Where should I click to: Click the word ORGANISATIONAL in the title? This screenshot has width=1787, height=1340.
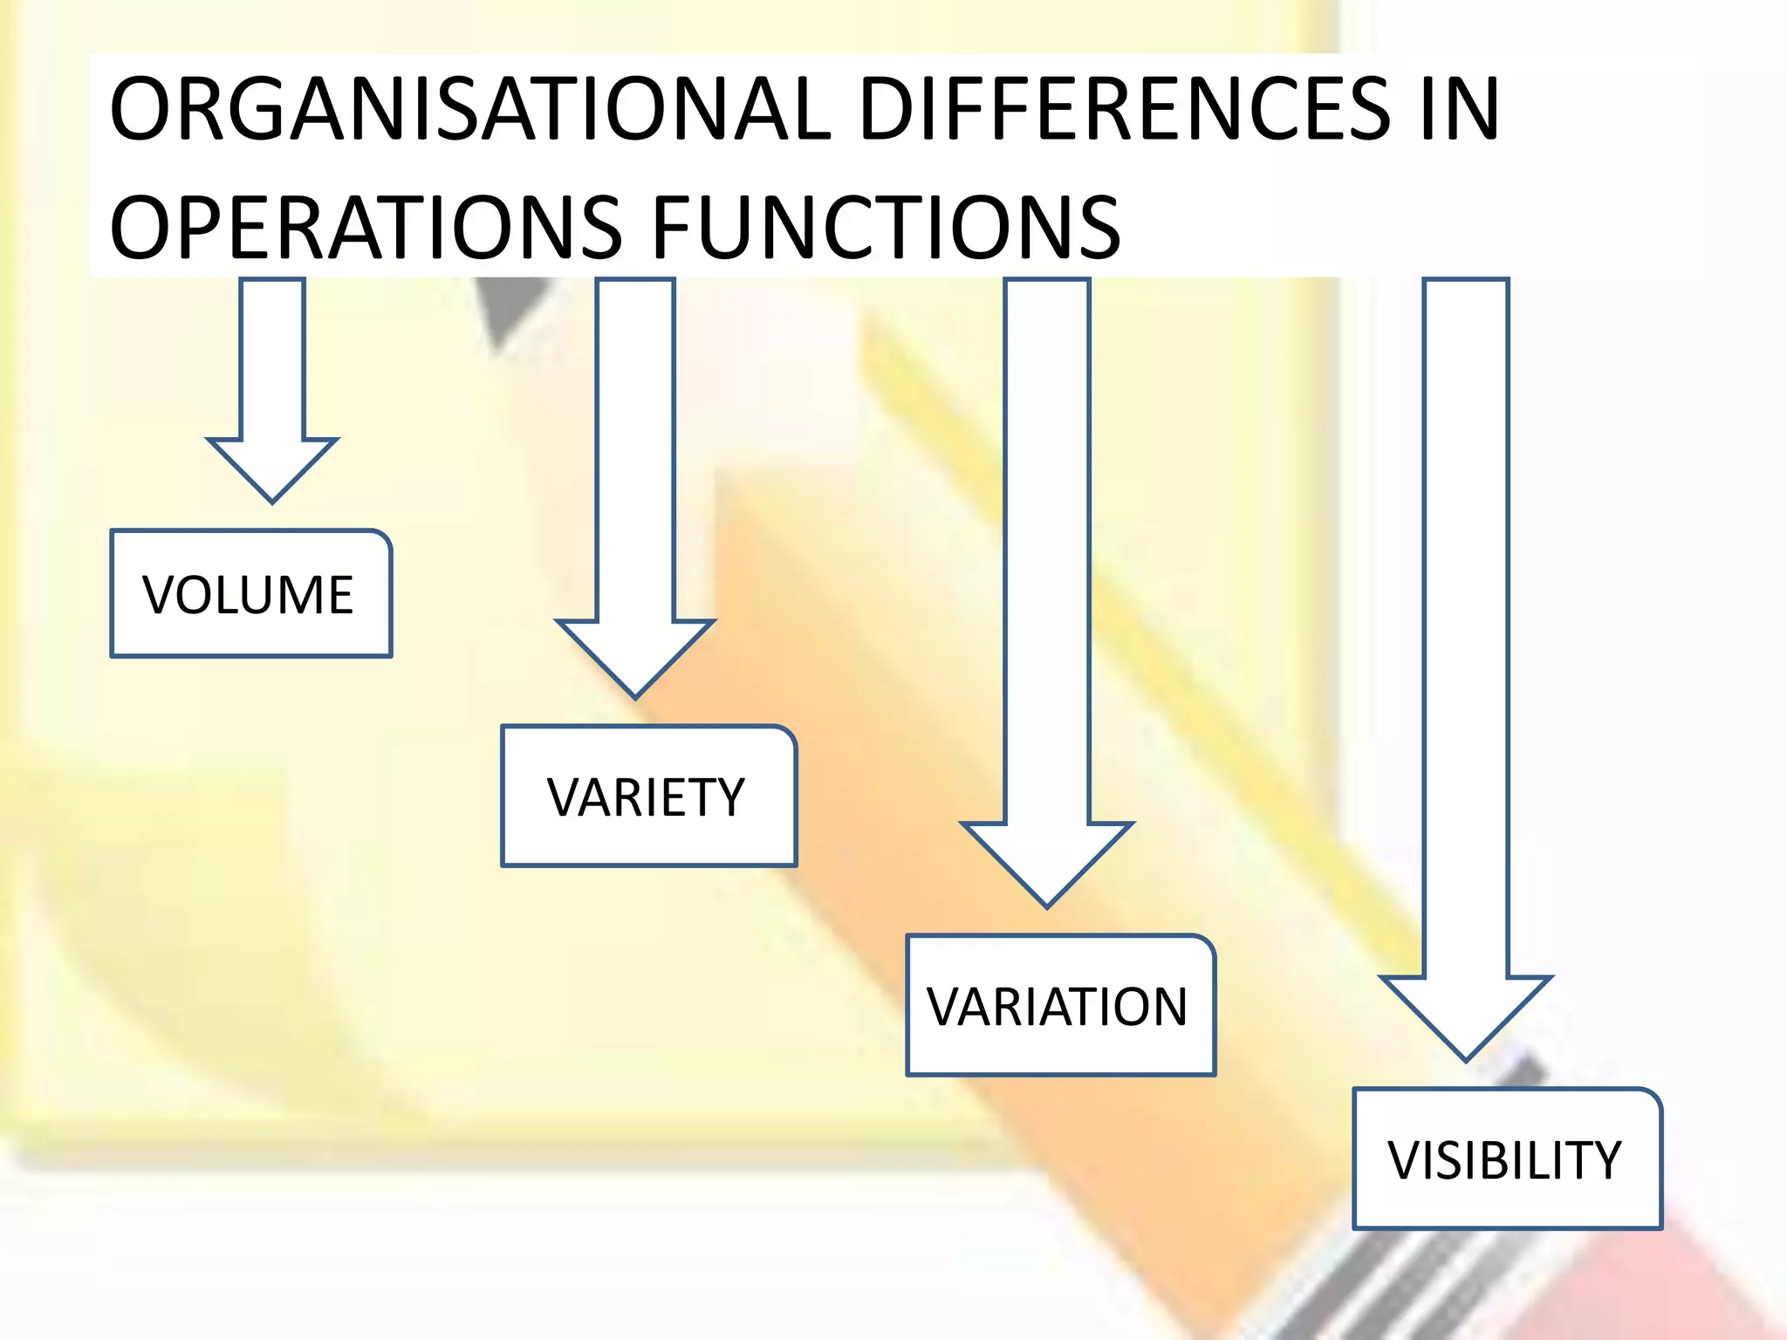tap(470, 109)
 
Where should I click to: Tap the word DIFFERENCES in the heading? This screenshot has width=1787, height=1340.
tap(1125, 109)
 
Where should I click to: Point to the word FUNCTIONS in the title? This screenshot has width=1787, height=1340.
tap(886, 228)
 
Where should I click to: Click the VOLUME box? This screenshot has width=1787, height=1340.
tap(251, 593)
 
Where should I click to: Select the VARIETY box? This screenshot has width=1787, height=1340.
tap(648, 796)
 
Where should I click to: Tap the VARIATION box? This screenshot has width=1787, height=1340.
tap(1060, 1005)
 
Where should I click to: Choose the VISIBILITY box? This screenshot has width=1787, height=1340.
tap(1507, 1159)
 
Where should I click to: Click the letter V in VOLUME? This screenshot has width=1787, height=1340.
tap(161, 595)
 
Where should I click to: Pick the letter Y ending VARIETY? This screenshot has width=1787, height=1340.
tap(726, 797)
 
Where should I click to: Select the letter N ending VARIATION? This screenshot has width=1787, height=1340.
tap(1166, 1007)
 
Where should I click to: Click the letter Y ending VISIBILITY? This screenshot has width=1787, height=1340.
tap(1602, 1160)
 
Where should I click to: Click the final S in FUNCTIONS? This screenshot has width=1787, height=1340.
tap(1098, 228)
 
